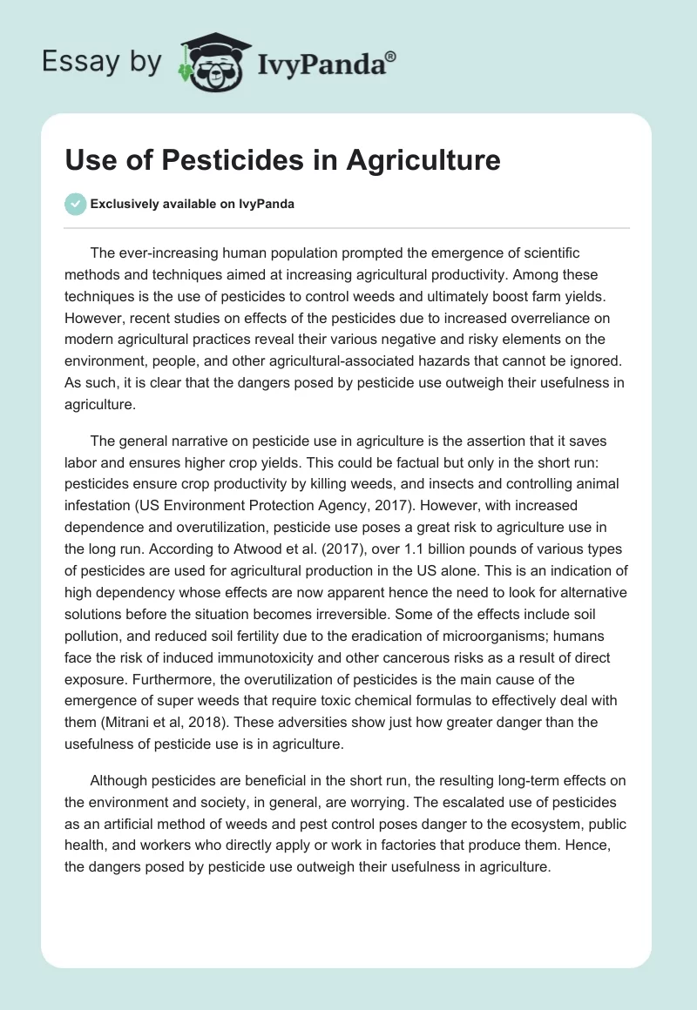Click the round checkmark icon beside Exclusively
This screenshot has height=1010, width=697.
coord(75,204)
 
